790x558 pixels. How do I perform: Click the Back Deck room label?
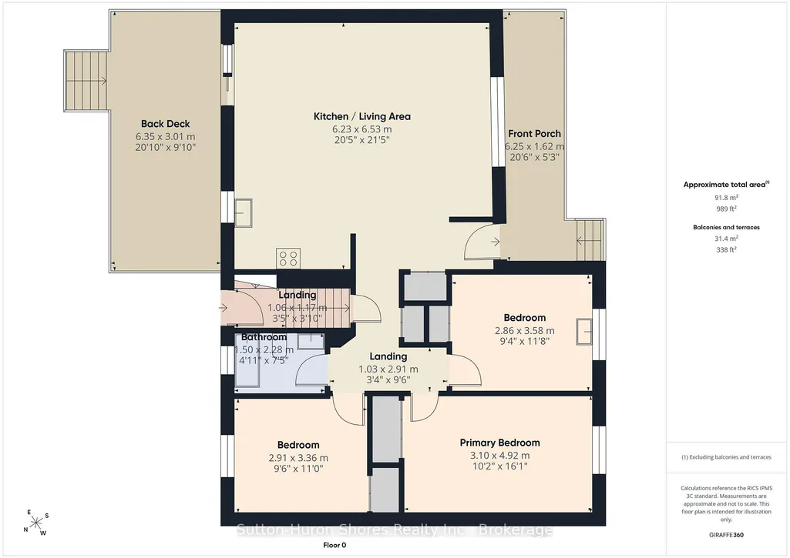click(x=165, y=124)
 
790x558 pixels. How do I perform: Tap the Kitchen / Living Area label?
click(x=361, y=116)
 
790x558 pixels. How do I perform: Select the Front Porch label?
click(x=534, y=134)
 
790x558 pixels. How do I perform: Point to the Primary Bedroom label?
click(x=499, y=443)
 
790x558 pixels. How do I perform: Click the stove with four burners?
click(x=288, y=258)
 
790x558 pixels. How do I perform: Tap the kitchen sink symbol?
click(x=244, y=213)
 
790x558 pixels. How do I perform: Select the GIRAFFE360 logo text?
click(x=726, y=535)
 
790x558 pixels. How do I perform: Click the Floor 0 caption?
click(x=334, y=545)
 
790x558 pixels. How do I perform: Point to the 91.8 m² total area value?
click(x=726, y=198)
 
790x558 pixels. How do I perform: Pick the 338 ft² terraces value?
click(x=726, y=249)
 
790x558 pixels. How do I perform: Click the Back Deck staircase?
click(x=86, y=81)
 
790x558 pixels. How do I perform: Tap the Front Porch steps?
click(x=590, y=240)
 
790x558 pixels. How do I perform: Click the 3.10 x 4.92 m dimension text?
click(x=499, y=456)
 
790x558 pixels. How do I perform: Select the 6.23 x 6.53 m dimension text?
click(x=361, y=129)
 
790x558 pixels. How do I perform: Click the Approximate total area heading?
click(x=726, y=185)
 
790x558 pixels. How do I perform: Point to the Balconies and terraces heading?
click(x=726, y=227)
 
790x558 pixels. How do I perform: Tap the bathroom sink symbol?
click(x=311, y=341)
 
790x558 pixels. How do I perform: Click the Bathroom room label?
click(x=264, y=337)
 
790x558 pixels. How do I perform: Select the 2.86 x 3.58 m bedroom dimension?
click(x=525, y=331)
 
